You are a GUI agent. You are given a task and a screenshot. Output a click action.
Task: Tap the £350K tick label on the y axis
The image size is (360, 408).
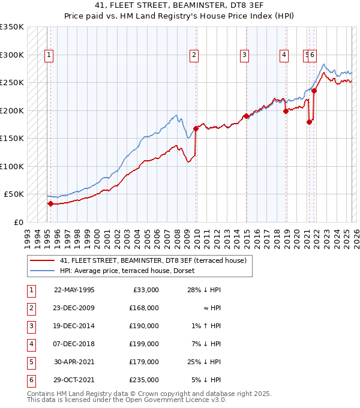click(x=12, y=27)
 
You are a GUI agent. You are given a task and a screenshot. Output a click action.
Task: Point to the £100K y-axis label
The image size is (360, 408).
click(x=12, y=166)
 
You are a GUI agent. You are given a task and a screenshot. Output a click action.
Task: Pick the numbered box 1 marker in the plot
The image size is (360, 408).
click(x=49, y=55)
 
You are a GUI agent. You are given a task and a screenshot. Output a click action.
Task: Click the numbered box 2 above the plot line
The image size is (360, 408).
click(x=194, y=55)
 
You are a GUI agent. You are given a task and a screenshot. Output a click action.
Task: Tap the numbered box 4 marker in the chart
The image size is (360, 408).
click(x=283, y=55)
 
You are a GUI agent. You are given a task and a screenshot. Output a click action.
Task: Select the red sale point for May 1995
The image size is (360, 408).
click(x=51, y=203)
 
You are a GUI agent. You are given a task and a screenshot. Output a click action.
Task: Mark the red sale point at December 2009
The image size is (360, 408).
click(x=196, y=128)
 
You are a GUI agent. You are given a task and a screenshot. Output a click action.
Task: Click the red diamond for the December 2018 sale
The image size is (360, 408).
click(x=286, y=111)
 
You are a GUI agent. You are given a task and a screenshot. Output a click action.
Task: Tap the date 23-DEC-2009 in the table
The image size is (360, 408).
click(x=74, y=307)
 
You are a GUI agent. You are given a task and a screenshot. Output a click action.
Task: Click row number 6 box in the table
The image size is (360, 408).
click(x=30, y=379)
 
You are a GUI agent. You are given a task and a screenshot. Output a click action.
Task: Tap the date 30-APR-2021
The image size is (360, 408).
click(x=74, y=361)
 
